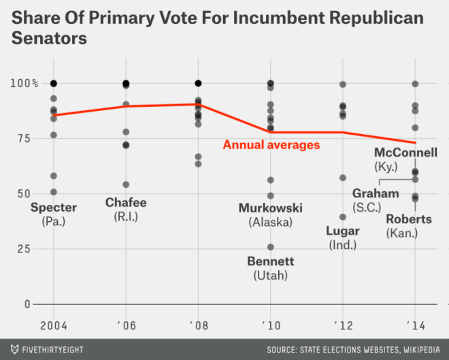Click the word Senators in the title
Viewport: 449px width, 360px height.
tap(49, 39)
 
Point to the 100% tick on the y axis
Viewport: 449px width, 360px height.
tap(25, 83)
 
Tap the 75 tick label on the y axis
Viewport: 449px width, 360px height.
tap(25, 138)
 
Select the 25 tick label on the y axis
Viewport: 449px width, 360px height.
tap(25, 249)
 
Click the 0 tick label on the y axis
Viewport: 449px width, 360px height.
tap(27, 304)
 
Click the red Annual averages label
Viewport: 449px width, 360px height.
tap(271, 144)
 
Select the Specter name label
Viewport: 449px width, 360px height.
tap(54, 208)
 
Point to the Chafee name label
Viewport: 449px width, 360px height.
tap(126, 203)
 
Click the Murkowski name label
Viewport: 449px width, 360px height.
tap(271, 208)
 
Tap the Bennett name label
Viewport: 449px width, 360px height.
tap(271, 261)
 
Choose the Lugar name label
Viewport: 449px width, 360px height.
tap(343, 231)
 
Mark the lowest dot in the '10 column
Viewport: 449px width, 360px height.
tap(271, 247)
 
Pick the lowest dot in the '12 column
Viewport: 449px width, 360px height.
tap(343, 217)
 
